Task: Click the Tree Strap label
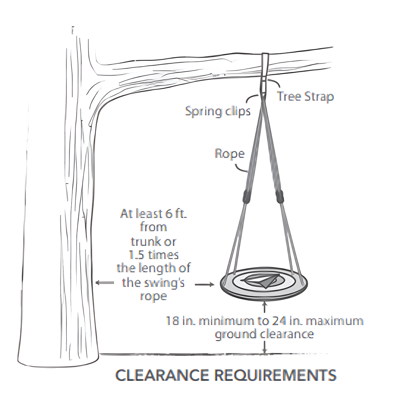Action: tap(305, 96)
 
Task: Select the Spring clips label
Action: tap(218, 112)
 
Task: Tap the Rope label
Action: tap(229, 154)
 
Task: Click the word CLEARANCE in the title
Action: tap(162, 375)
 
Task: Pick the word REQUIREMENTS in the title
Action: tap(275, 375)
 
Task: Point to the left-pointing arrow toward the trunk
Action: tap(105, 283)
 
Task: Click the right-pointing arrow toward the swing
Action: tap(205, 285)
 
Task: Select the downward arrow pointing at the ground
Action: tap(264, 348)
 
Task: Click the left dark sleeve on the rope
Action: tap(247, 196)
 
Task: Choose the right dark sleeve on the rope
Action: tap(280, 196)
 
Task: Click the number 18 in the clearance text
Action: tap(173, 321)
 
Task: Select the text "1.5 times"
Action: tap(154, 255)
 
